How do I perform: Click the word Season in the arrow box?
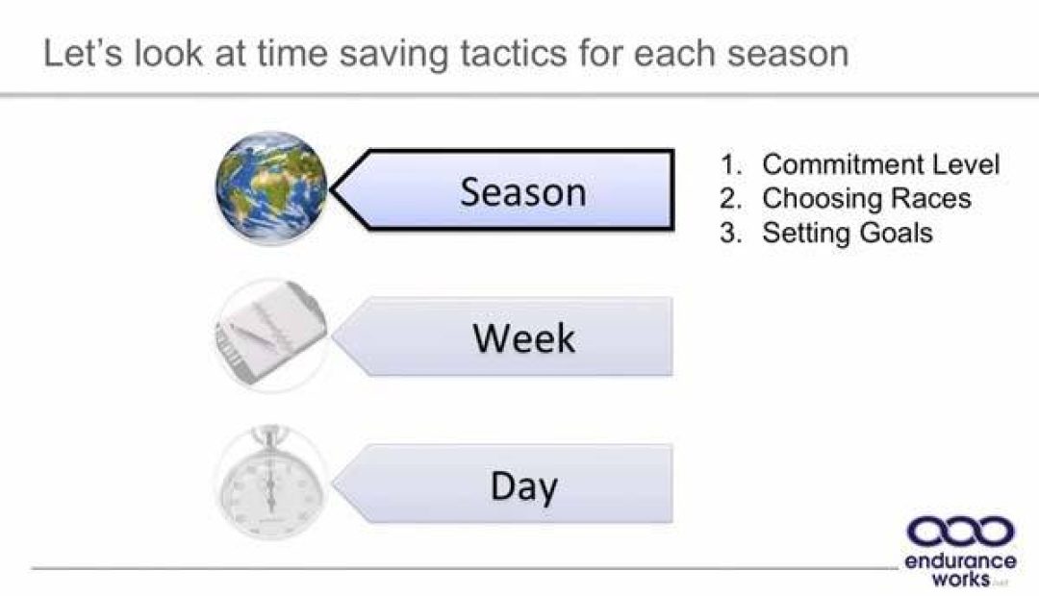pyautogui.click(x=522, y=191)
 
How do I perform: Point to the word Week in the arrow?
pyautogui.click(x=523, y=337)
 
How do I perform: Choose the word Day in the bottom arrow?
pyautogui.click(x=523, y=486)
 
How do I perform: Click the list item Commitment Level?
pyautogui.click(x=880, y=164)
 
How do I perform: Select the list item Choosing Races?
pyautogui.click(x=866, y=198)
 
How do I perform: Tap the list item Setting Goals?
pyautogui.click(x=847, y=233)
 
